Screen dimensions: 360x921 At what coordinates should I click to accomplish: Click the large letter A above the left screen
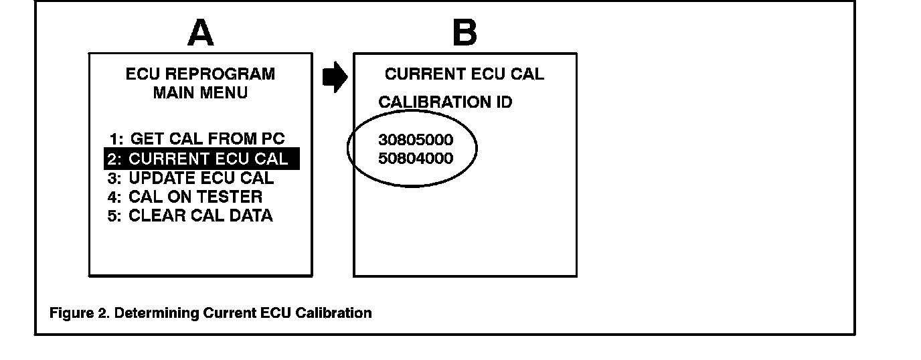click(200, 32)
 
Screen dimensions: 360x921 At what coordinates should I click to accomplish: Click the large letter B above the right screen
click(465, 32)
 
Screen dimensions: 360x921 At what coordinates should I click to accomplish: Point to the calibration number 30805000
click(416, 141)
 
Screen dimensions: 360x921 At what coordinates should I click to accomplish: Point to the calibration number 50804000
click(416, 159)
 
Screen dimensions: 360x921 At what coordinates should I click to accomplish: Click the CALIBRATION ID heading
click(445, 102)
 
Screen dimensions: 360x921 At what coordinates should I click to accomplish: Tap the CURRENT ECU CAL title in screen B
click(465, 74)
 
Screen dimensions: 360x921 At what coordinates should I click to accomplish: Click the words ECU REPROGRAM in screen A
click(200, 74)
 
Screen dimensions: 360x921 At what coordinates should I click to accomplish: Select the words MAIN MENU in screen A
click(200, 93)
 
